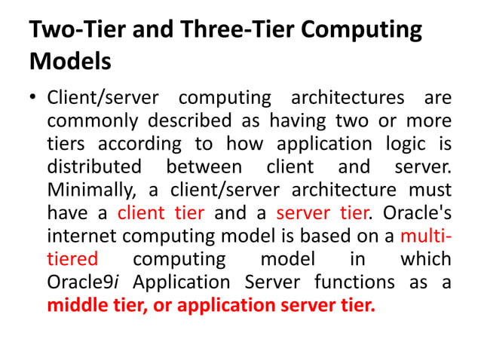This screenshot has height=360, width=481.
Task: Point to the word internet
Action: tap(83, 236)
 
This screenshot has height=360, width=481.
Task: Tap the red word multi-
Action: tap(426, 236)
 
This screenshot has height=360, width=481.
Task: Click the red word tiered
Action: tap(72, 258)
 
